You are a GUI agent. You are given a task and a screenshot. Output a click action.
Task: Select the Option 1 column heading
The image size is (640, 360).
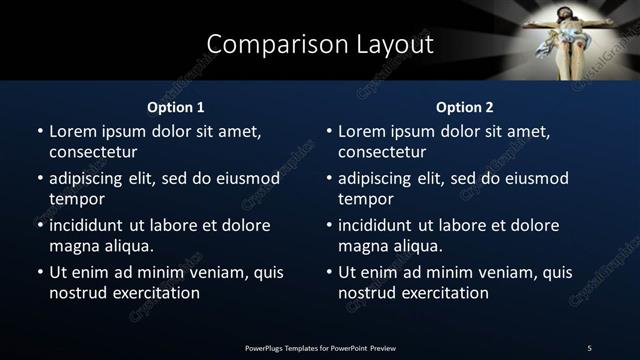coord(176,107)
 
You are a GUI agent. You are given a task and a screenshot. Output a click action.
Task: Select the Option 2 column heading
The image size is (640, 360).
coord(465,107)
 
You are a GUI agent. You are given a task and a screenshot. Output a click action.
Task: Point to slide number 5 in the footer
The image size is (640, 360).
coord(589,348)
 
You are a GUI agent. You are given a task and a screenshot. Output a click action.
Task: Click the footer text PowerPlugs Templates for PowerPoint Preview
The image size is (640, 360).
coord(320,348)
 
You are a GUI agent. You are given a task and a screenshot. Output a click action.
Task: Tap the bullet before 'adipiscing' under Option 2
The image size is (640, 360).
coord(328,179)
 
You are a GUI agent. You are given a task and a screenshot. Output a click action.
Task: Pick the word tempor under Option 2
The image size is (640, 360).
coord(363,199)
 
